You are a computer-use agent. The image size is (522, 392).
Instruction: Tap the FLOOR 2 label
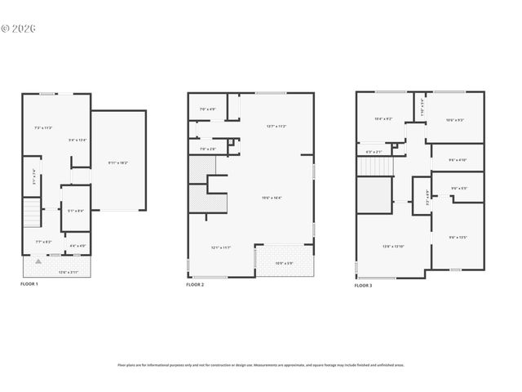click(x=195, y=284)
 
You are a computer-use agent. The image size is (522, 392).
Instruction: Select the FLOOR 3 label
click(x=363, y=285)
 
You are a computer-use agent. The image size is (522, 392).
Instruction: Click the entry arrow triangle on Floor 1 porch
click(x=36, y=261)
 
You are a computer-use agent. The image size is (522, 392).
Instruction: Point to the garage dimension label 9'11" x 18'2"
click(x=118, y=163)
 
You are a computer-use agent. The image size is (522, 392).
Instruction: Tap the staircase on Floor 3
click(x=374, y=167)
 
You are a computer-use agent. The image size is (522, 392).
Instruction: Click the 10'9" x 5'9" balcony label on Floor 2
click(x=284, y=262)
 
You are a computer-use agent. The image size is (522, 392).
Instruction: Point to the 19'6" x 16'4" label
click(x=272, y=198)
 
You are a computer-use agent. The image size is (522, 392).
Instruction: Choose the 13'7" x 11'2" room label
click(x=276, y=126)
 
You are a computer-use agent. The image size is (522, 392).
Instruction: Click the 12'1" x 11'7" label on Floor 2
click(x=221, y=247)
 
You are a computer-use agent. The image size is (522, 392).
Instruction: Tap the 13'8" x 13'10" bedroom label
click(x=394, y=246)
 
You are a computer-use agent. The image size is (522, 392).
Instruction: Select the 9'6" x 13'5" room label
click(x=458, y=238)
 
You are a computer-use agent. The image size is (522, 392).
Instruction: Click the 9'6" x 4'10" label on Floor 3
click(x=458, y=160)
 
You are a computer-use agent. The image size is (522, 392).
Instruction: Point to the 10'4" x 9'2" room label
click(x=383, y=118)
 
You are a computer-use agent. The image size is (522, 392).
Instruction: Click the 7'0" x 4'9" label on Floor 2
click(x=208, y=109)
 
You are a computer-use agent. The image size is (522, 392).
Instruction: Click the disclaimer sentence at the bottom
click(x=260, y=365)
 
